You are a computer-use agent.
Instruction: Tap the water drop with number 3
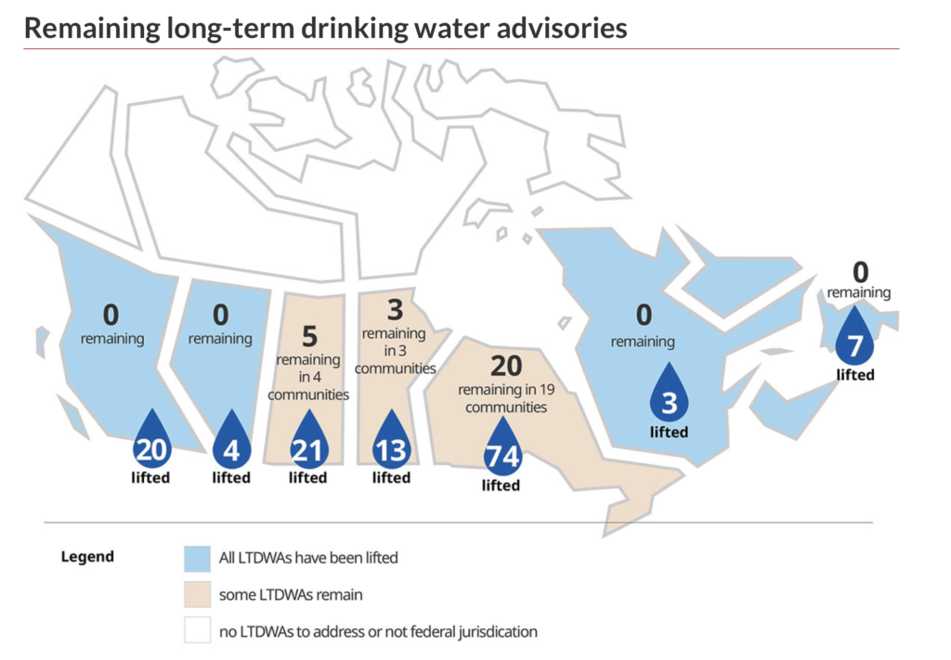(x=669, y=396)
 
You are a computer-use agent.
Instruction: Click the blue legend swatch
(x=197, y=558)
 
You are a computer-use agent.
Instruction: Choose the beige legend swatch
(x=197, y=594)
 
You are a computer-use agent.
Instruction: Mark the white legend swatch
(x=197, y=630)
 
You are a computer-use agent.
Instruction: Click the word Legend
(x=87, y=557)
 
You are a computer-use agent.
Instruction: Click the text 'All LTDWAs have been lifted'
(x=308, y=558)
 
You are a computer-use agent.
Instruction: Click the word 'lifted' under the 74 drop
(x=501, y=485)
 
